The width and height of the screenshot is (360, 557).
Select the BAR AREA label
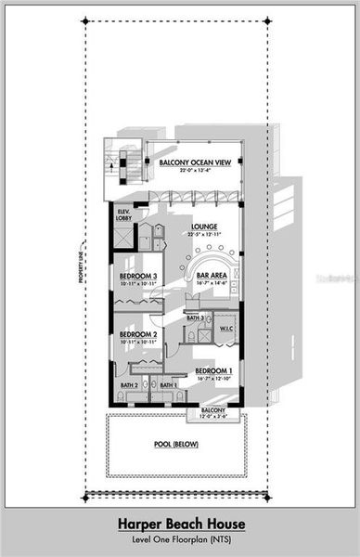(212, 276)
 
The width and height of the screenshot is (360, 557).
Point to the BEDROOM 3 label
(138, 277)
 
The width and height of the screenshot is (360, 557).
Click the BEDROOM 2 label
(137, 334)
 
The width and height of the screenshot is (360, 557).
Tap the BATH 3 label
(195, 318)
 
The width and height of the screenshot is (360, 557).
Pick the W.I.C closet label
(228, 328)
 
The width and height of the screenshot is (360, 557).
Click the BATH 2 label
(129, 385)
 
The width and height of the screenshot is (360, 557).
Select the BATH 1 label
(168, 385)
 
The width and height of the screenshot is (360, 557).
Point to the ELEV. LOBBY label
(123, 214)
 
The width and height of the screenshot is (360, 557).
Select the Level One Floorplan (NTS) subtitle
(180, 539)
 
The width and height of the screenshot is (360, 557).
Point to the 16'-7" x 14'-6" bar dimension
(212, 283)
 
